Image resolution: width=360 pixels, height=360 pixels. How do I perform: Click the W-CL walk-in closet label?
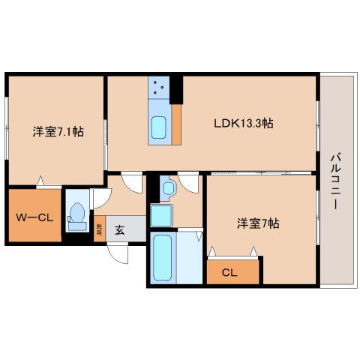tap(34, 217)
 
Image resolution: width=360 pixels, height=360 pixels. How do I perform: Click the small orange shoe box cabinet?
tap(99, 229)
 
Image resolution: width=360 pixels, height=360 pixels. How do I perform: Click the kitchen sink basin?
tap(160, 128)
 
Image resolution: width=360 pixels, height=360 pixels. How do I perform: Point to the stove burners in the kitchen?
tap(160, 88)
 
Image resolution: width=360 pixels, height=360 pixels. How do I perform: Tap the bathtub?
tap(163, 257)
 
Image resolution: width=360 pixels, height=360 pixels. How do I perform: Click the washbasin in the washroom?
tap(167, 187)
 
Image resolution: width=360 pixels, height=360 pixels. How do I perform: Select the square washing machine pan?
tap(163, 216)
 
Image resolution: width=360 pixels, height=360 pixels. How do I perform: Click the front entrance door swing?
tap(118, 253)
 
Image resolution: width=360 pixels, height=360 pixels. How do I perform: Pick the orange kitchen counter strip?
tap(176, 124)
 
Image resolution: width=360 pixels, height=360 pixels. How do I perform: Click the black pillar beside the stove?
tap(177, 88)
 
